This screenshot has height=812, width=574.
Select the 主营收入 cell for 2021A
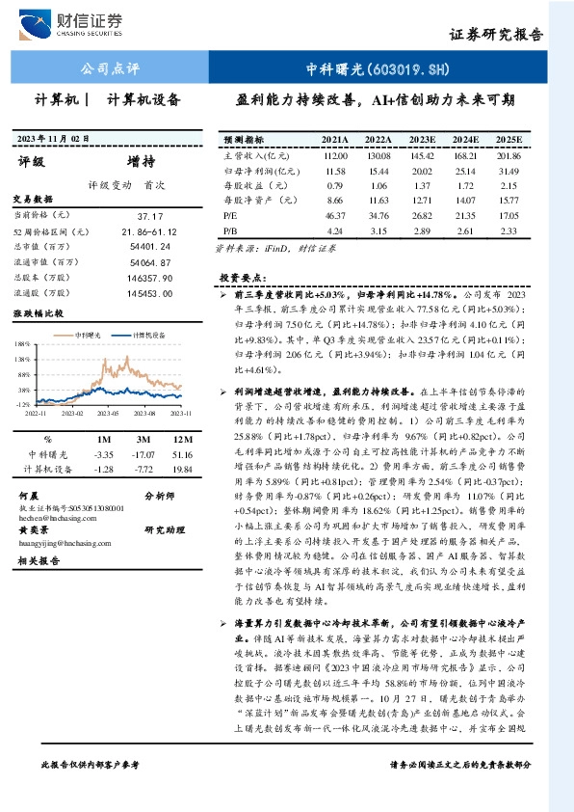[336, 155]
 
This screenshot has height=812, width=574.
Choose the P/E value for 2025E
[509, 216]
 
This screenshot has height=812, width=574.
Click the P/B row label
[229, 231]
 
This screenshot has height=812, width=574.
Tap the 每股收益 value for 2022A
[379, 185]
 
